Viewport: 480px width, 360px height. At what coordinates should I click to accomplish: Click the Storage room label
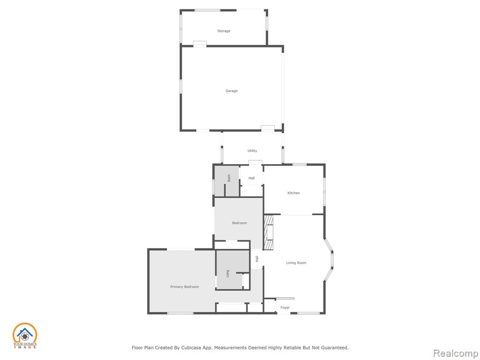pyautogui.click(x=224, y=31)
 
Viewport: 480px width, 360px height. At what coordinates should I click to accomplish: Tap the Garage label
pyautogui.click(x=232, y=91)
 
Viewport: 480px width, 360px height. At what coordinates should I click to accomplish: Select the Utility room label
pyautogui.click(x=252, y=150)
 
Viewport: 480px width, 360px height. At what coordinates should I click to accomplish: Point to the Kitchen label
pyautogui.click(x=293, y=193)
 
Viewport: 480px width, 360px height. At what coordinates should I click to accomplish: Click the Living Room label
pyautogui.click(x=296, y=262)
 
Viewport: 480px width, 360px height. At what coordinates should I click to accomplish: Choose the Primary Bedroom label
pyautogui.click(x=185, y=287)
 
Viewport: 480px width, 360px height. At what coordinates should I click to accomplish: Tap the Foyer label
pyautogui.click(x=285, y=307)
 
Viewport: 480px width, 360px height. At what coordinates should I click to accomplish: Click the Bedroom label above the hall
pyautogui.click(x=240, y=223)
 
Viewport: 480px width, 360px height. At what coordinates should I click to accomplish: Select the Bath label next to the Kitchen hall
pyautogui.click(x=229, y=178)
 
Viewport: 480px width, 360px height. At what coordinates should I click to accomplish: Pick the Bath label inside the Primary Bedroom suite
pyautogui.click(x=227, y=274)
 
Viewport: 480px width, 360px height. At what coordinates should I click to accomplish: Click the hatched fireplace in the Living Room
pyautogui.click(x=269, y=232)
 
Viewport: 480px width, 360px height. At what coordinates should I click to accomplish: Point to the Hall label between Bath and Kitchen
pyautogui.click(x=252, y=178)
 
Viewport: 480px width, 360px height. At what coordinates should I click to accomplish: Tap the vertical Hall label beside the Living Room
pyautogui.click(x=257, y=259)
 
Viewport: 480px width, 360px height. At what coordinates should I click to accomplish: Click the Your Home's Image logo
pyautogui.click(x=25, y=336)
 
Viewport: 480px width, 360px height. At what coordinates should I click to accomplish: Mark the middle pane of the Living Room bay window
pyautogui.click(x=332, y=260)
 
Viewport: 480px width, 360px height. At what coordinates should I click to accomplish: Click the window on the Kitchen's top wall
pyautogui.click(x=300, y=165)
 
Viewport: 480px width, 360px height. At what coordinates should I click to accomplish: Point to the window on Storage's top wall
pyautogui.click(x=208, y=10)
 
